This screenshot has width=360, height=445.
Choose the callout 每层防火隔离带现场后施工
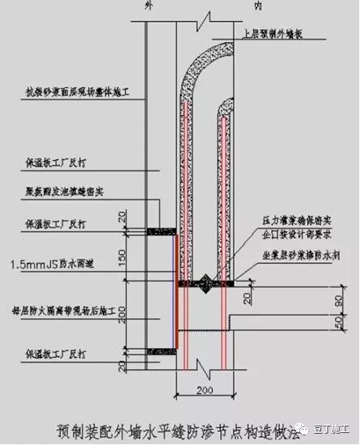tap(62, 311)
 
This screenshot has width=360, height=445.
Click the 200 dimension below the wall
tap(204, 392)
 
